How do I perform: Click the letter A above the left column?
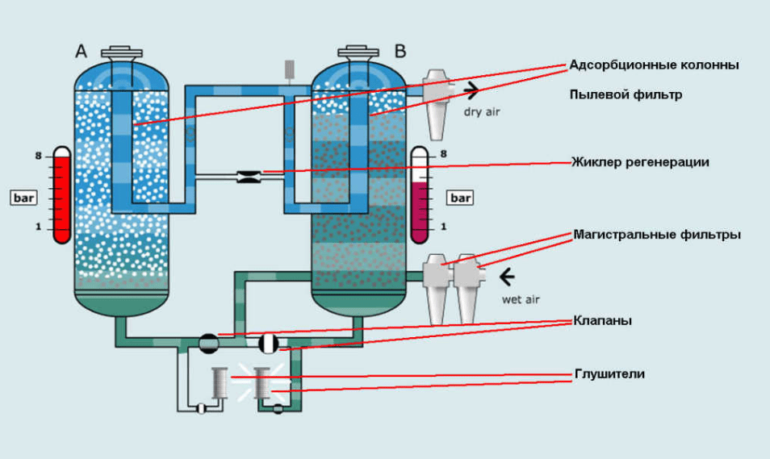click(x=81, y=52)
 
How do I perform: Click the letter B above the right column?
click(x=400, y=52)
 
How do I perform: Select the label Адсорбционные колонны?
click(x=654, y=65)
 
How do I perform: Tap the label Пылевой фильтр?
click(x=626, y=94)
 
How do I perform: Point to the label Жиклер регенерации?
click(x=641, y=162)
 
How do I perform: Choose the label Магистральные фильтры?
click(x=656, y=235)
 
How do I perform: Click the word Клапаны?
click(x=602, y=321)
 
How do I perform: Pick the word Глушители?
click(x=609, y=374)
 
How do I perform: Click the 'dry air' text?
click(x=481, y=111)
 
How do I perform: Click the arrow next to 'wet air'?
click(x=507, y=277)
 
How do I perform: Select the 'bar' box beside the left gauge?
click(x=22, y=197)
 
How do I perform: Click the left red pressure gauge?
click(x=62, y=194)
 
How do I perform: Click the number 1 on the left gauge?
click(x=37, y=227)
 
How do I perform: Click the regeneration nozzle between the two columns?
click(x=247, y=177)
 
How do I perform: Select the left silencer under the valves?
click(x=220, y=382)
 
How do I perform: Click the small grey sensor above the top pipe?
click(x=288, y=69)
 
